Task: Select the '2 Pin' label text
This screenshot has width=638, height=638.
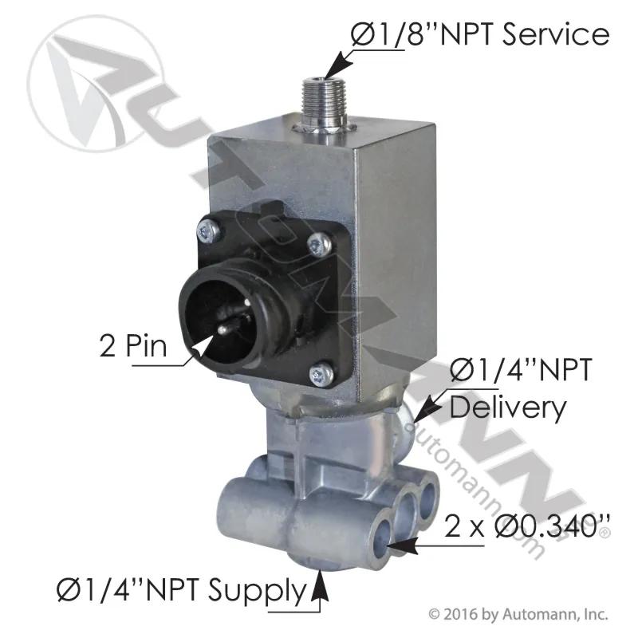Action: pyautogui.click(x=133, y=347)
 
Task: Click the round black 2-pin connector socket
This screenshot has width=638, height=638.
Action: pyautogui.click(x=221, y=314)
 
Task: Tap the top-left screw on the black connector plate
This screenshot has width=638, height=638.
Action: pyautogui.click(x=209, y=231)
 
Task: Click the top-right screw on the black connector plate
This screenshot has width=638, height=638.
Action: pyautogui.click(x=319, y=245)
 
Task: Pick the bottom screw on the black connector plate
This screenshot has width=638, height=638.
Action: pyautogui.click(x=321, y=374)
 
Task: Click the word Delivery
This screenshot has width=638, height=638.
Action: pyautogui.click(x=508, y=409)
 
